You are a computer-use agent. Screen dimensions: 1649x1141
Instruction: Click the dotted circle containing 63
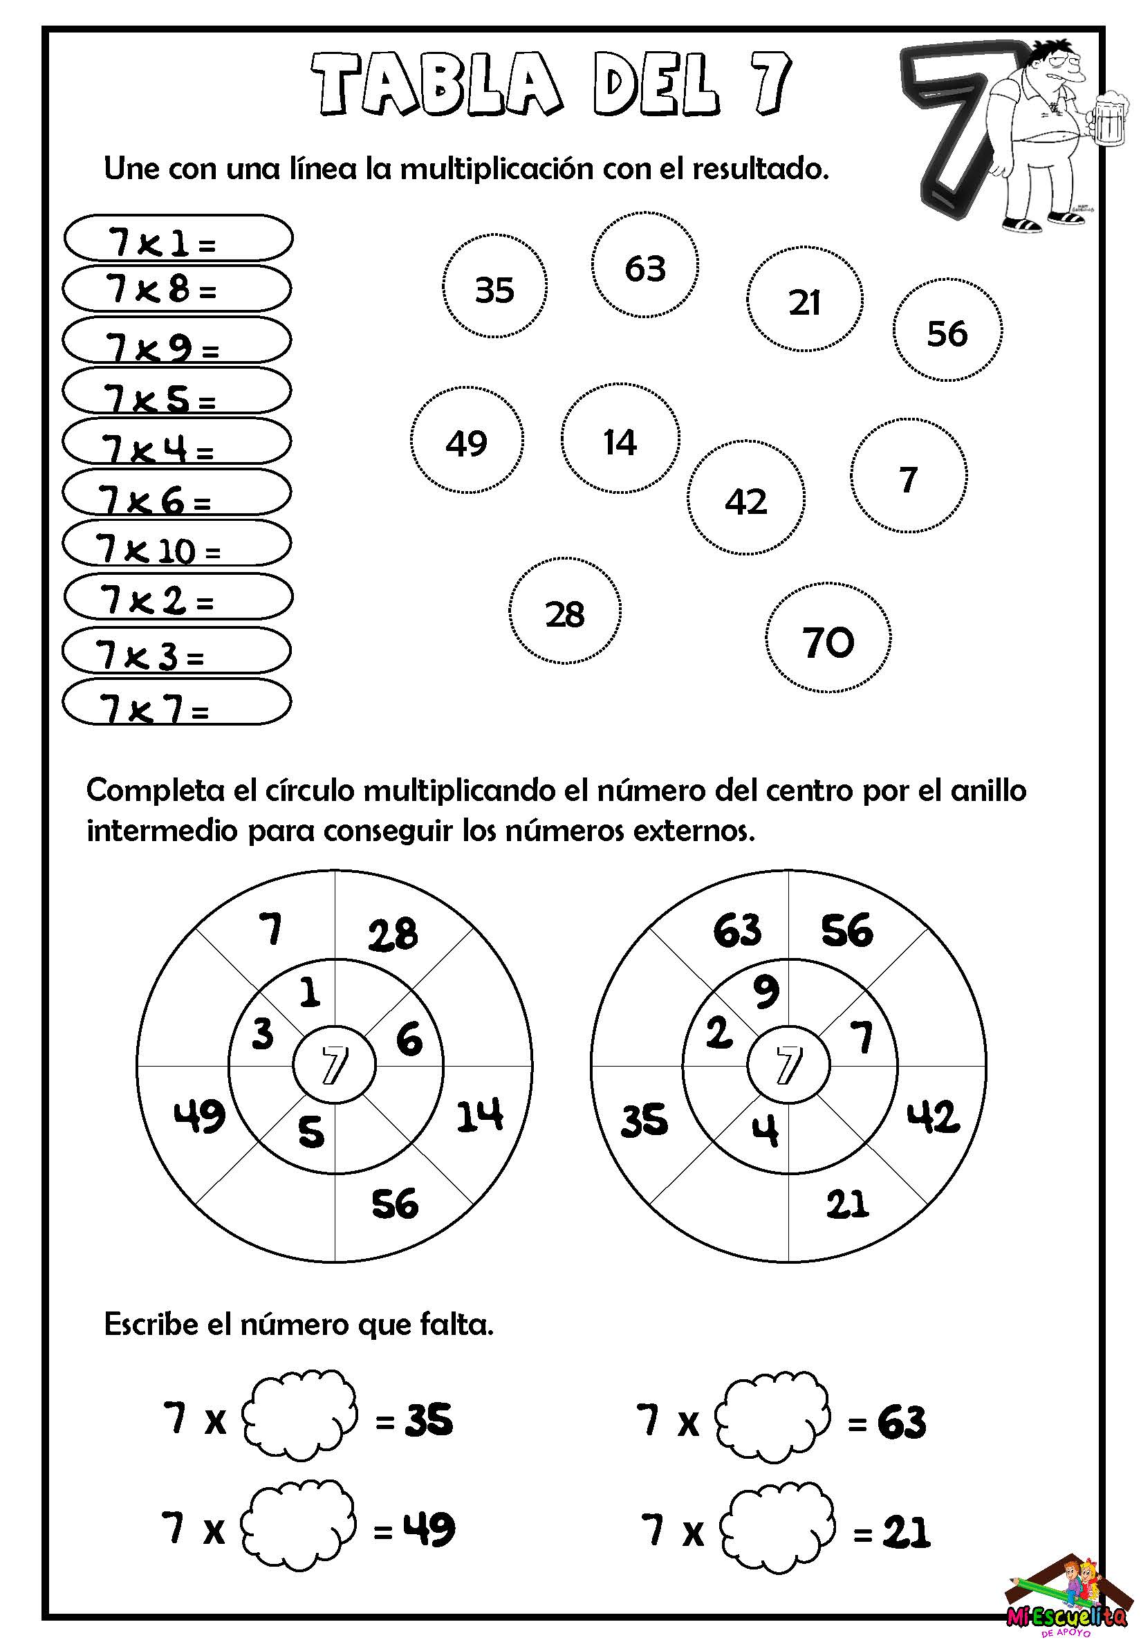pyautogui.click(x=645, y=266)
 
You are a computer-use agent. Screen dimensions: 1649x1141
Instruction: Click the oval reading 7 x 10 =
pyautogui.click(x=176, y=544)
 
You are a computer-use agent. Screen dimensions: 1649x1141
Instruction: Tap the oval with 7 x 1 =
pyautogui.click(x=178, y=238)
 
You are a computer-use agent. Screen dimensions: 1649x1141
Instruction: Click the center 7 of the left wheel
pyautogui.click(x=334, y=1065)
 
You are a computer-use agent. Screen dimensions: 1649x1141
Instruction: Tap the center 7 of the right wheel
pyautogui.click(x=788, y=1065)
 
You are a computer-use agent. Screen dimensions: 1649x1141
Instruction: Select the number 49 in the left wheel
pyautogui.click(x=198, y=1116)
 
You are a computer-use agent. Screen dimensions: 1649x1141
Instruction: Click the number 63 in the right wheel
pyautogui.click(x=737, y=931)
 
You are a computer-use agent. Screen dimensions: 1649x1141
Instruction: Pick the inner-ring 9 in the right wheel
pyautogui.click(x=766, y=992)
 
